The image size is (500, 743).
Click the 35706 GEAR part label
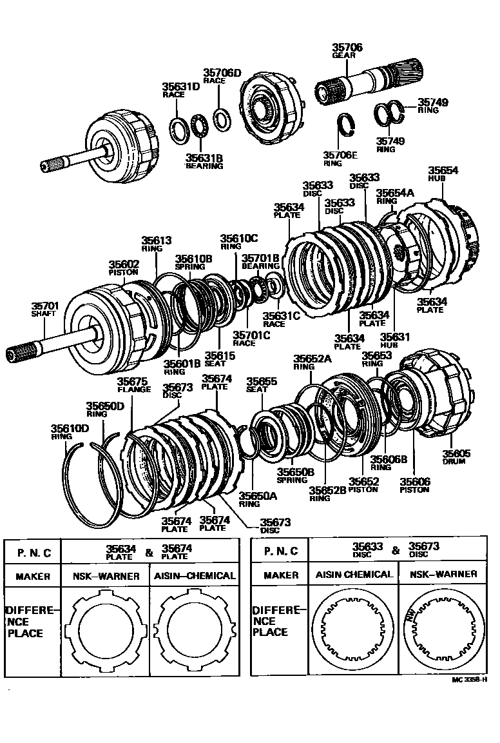pos(347,51)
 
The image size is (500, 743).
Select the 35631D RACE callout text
pos(180,90)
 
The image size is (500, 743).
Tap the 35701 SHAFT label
pos(44,309)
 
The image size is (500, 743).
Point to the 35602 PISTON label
pos(124,268)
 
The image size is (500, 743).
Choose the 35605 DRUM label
pos(456,457)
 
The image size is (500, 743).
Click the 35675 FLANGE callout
pos(134,385)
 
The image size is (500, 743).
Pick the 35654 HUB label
pos(443,173)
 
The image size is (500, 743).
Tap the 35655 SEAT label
pos(262,385)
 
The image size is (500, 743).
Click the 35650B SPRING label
pos(295,476)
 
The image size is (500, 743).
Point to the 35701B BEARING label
pos(260,262)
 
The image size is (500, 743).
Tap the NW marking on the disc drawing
pos(410,615)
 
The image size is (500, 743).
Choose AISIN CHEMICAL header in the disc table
pos(353,574)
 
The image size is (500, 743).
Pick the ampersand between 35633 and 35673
pos(396,550)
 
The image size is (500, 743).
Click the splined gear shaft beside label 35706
pos(367,81)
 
